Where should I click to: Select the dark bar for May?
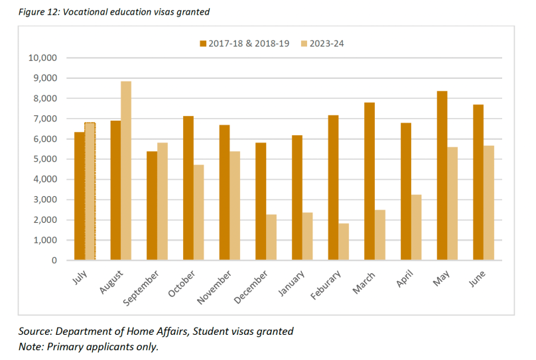[x=442, y=176]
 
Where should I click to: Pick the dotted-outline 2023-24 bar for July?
[x=90, y=191]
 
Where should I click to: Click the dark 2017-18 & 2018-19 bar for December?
[x=261, y=201]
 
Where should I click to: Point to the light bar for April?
[x=416, y=227]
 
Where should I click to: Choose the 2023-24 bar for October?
[x=198, y=212]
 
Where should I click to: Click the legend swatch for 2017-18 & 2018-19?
[x=204, y=44]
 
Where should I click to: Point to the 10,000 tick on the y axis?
[x=43, y=58]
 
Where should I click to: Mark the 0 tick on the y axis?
[x=55, y=261]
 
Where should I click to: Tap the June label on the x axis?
[x=478, y=276]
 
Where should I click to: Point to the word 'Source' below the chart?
[x=36, y=331]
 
